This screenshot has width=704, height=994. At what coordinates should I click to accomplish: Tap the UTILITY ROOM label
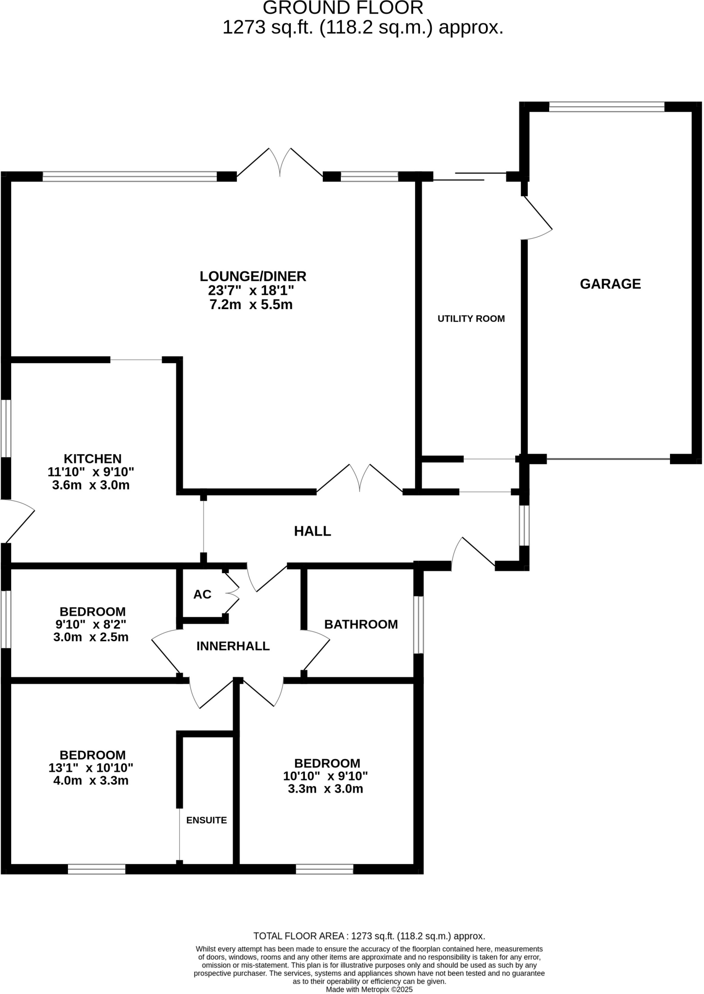pos(471,319)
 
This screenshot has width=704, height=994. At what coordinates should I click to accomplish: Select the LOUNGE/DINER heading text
pos(253,277)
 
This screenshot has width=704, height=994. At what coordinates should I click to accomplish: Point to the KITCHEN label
pos(93,459)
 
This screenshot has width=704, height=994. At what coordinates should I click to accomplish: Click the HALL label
pos(312,531)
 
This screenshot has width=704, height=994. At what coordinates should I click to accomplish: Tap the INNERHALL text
pos(233,646)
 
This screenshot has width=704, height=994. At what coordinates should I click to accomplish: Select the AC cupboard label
pos(202,595)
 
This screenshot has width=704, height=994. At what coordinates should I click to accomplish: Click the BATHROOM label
pos(361,625)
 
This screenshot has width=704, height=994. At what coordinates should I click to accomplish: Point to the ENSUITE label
pos(206,820)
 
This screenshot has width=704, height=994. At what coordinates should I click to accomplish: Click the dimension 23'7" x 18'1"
pos(251,291)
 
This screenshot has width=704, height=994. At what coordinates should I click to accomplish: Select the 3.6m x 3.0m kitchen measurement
pos(91,485)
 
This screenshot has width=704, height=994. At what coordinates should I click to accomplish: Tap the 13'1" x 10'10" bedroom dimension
pos(91,768)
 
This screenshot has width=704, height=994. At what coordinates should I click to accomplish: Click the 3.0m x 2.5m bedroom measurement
pos(91,637)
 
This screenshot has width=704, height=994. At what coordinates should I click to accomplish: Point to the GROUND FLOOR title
pos(343,8)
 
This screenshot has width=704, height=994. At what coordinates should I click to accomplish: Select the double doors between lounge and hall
pos(360,478)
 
